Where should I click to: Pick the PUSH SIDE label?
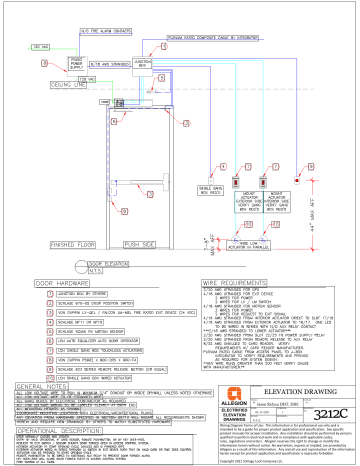[x=142, y=241]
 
